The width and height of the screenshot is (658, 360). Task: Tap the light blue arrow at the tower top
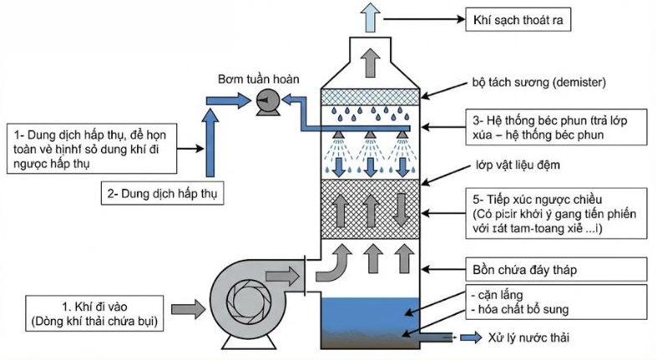point(367,14)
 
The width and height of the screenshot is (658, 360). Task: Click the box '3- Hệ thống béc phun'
point(554,127)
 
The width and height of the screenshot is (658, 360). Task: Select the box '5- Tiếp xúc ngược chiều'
point(554,212)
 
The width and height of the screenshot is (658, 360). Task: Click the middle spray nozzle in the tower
point(367,136)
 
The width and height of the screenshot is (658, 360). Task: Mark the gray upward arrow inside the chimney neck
point(367,60)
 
